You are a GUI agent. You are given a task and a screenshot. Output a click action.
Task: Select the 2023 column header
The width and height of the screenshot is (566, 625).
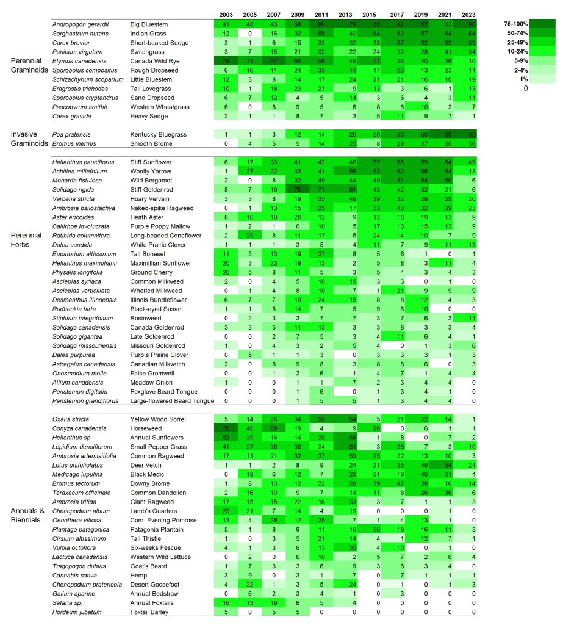pos(469,15)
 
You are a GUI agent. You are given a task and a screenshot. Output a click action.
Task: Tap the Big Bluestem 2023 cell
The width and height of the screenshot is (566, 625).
pos(469,24)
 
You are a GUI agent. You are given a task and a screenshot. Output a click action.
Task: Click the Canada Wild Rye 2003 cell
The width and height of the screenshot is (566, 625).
pos(226,60)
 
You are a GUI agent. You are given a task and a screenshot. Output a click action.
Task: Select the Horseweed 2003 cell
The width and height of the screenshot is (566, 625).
pos(226,428)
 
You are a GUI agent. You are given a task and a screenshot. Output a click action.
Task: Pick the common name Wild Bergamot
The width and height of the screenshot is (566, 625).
pos(150,181)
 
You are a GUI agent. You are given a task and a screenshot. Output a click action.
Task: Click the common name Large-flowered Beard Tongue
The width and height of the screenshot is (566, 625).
pos(172,401)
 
